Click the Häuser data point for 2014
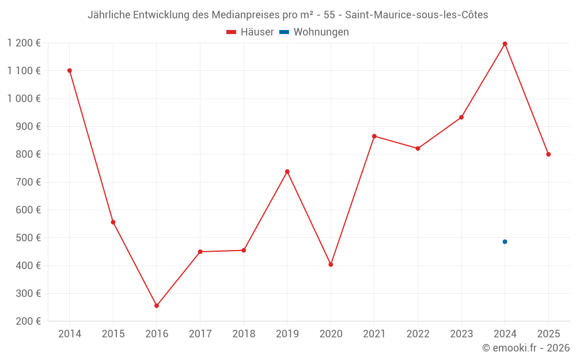coord(70,71)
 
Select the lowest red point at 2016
coord(157,306)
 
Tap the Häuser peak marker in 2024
coord(505,44)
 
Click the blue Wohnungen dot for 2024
coord(505,242)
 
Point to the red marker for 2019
coord(287,172)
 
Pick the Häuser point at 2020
coord(331,264)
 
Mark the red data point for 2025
coord(548,154)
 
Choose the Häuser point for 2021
coord(374,137)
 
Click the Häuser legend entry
coord(250,32)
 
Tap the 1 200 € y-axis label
coord(24,43)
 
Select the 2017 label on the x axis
coord(200,334)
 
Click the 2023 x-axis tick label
coord(461,334)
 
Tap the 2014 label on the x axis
coord(70,334)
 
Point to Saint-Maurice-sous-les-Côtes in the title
coord(416,15)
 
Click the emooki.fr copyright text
coord(526,348)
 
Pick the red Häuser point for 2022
coord(418,149)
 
